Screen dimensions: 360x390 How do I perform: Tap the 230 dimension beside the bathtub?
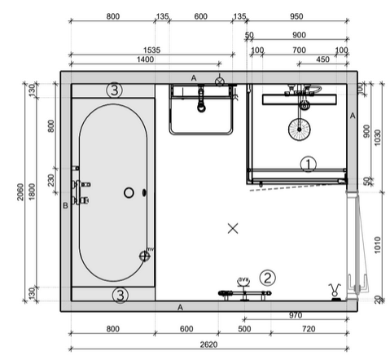[51, 181]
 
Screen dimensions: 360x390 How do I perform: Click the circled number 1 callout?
[307, 164]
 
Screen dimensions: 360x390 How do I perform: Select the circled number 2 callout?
[269, 279]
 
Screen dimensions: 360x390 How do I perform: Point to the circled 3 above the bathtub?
[115, 90]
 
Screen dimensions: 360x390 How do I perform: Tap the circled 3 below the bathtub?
[119, 294]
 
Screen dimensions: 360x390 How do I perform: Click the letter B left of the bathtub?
[64, 206]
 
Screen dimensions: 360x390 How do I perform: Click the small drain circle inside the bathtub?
[129, 193]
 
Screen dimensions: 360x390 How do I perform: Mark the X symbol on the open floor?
[234, 229]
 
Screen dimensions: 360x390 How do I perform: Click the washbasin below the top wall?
[201, 111]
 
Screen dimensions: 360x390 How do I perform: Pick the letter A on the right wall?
[353, 116]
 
